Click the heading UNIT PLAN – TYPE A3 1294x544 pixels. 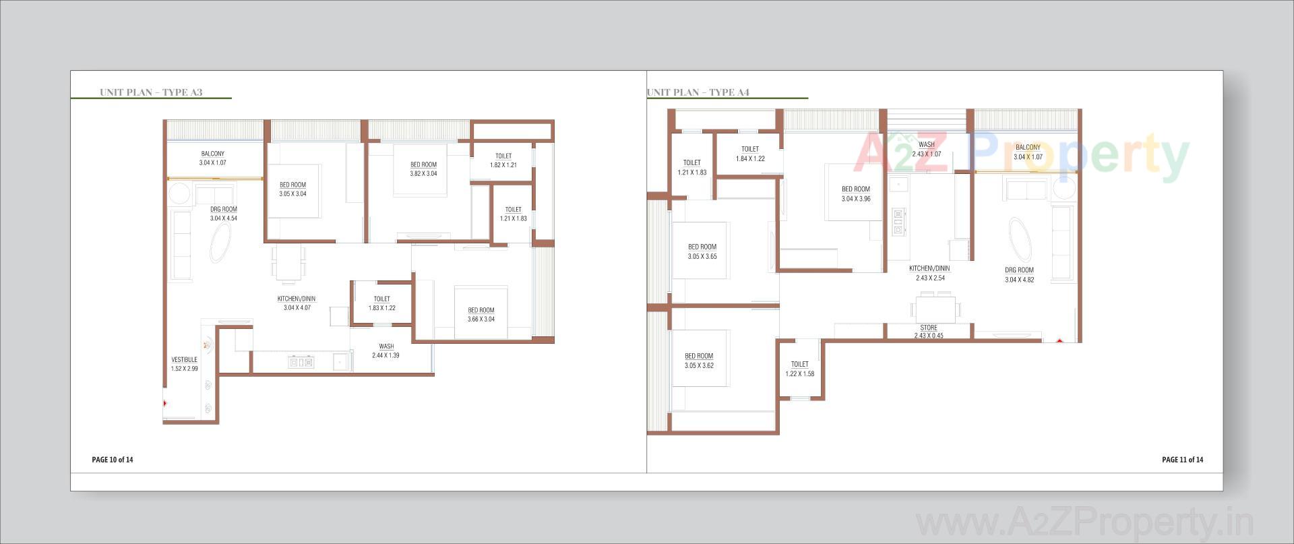point(151,92)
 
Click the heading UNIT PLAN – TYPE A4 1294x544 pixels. point(698,92)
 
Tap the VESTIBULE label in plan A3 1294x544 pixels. point(184,359)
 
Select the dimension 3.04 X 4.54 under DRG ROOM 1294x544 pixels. point(224,218)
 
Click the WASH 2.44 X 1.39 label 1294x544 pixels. point(386,351)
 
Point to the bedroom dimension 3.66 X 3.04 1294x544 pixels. point(481,320)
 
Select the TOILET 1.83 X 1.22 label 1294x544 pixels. point(381,303)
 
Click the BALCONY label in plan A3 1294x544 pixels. point(213,154)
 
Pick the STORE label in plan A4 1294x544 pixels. point(929,328)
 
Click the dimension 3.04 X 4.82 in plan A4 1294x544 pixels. point(1019,280)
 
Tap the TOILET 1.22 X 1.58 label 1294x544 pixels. point(800,369)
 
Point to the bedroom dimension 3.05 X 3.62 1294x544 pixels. point(699,366)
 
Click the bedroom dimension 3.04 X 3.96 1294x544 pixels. point(856,199)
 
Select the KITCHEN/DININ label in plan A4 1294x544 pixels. point(929,268)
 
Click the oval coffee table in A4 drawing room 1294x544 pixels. point(1019,240)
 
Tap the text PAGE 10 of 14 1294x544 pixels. point(113,460)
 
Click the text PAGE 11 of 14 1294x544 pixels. point(1182,460)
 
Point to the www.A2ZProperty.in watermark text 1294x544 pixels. point(1085,523)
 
